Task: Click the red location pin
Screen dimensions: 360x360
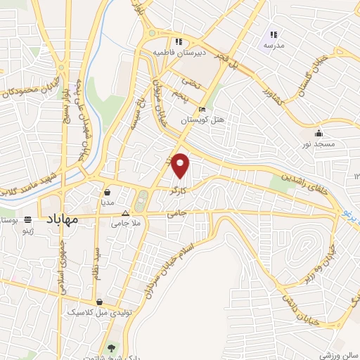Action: tap(181, 165)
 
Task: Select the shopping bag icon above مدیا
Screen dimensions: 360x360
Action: tap(107, 191)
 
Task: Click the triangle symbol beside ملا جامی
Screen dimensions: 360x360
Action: tap(126, 212)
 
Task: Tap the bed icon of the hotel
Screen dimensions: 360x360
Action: tap(202, 110)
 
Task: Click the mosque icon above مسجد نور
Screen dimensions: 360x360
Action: tap(319, 133)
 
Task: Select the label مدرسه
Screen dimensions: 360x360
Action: tap(274, 44)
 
